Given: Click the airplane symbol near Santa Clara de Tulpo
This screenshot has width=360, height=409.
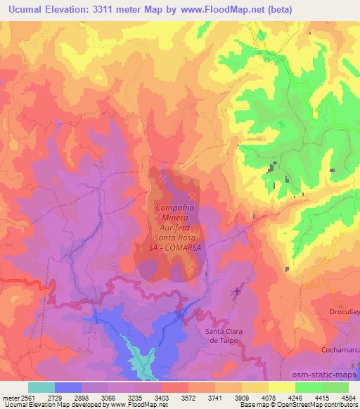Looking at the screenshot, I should coord(237,290).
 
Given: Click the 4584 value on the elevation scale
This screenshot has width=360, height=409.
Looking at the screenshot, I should coord(348,398).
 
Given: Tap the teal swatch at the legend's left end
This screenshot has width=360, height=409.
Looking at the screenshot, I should coord(41,387).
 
